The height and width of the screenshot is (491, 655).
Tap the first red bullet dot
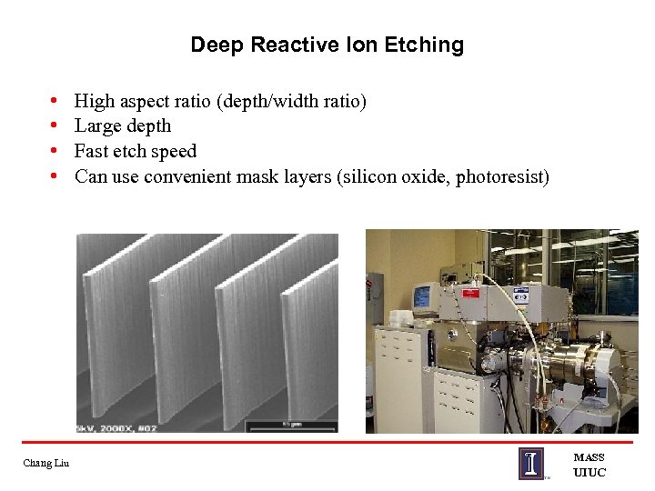(x=55, y=101)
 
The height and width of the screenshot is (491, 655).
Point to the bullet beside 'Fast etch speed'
(x=55, y=151)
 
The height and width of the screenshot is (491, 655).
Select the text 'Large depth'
(x=122, y=125)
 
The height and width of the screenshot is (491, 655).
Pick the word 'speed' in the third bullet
(x=174, y=151)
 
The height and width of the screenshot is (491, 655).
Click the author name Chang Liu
(x=45, y=464)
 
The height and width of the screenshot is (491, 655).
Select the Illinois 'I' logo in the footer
(x=531, y=463)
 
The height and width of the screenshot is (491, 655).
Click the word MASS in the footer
(x=589, y=457)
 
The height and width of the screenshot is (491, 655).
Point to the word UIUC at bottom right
(x=589, y=472)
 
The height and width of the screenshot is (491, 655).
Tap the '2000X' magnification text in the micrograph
(x=116, y=426)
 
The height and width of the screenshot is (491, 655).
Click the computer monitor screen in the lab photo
(x=422, y=296)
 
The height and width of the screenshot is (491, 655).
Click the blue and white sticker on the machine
(x=520, y=296)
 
